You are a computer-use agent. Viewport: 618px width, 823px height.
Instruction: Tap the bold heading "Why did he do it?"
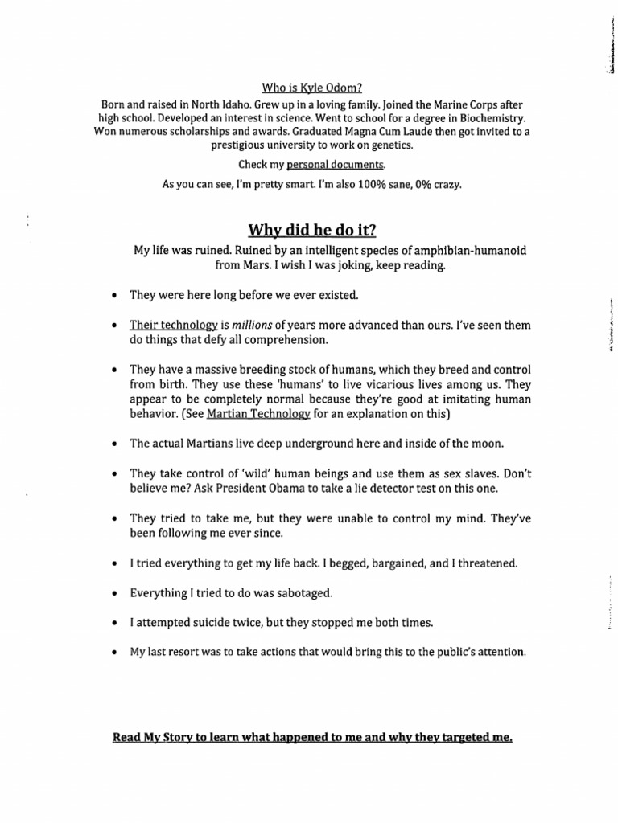(x=308, y=230)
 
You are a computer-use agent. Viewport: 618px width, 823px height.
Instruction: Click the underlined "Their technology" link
(x=174, y=325)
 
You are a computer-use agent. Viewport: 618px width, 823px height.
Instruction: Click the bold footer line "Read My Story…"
(x=312, y=736)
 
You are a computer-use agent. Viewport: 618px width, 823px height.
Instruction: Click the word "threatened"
(x=485, y=563)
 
